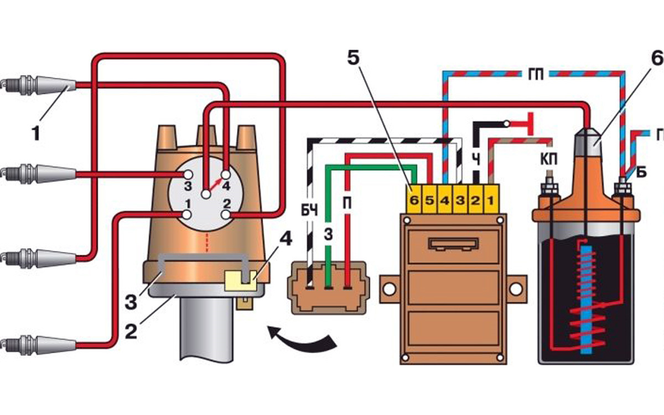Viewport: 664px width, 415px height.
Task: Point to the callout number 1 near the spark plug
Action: [x=35, y=133]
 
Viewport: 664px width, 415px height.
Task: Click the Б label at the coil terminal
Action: [x=641, y=173]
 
